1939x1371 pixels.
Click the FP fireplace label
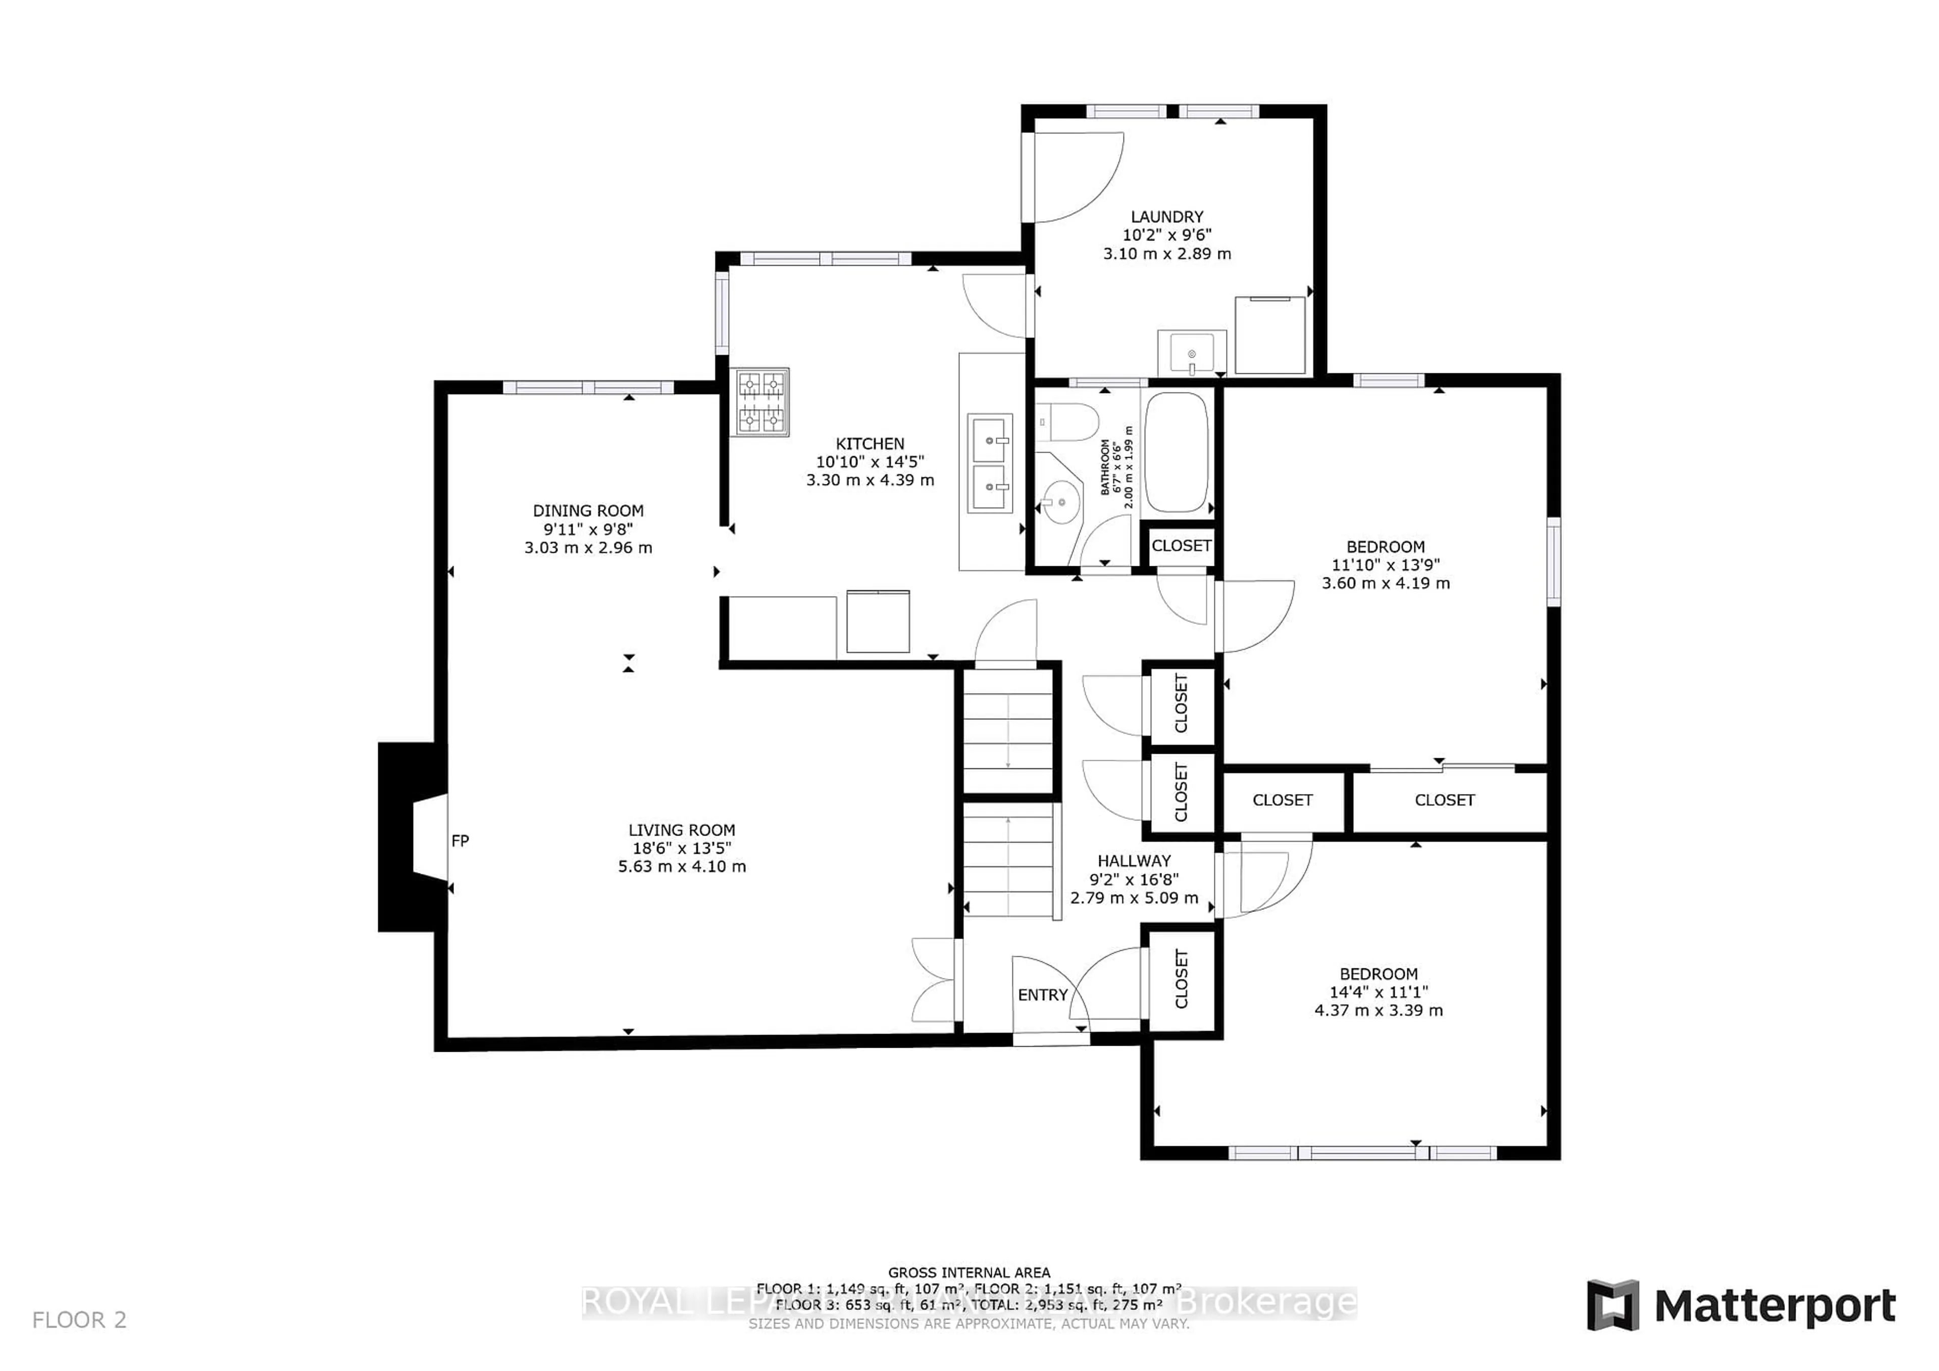(x=460, y=841)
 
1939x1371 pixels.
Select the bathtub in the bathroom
(x=1177, y=452)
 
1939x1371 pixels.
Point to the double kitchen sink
(x=990, y=464)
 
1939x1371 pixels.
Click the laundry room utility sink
(x=1192, y=352)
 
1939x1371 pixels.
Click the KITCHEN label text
(x=870, y=444)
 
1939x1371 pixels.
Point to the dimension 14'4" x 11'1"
(x=1378, y=992)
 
